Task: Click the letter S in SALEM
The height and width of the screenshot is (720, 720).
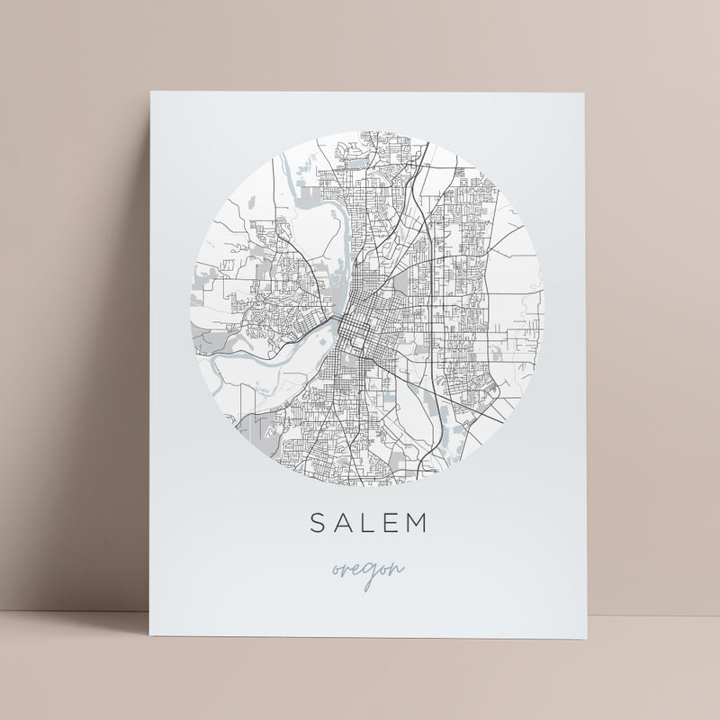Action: pyautogui.click(x=317, y=523)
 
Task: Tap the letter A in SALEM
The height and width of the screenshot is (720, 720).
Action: pyautogui.click(x=340, y=523)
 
